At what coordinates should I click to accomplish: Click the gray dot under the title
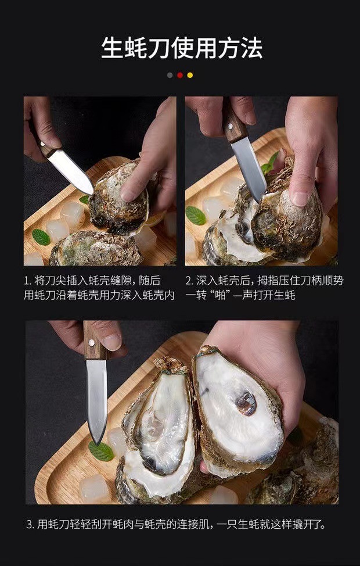(x=170, y=75)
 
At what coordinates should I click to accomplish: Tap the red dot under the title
(x=180, y=75)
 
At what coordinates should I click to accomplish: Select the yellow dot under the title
(x=190, y=75)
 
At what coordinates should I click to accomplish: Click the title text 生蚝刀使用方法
(x=180, y=47)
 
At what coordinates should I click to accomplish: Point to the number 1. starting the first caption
(x=27, y=281)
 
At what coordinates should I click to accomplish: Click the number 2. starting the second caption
(x=189, y=281)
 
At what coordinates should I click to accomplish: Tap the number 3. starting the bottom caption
(x=30, y=525)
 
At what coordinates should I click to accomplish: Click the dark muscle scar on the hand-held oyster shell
(x=245, y=403)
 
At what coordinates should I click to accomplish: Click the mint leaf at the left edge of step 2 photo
(x=195, y=216)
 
